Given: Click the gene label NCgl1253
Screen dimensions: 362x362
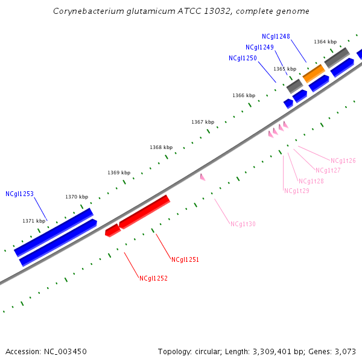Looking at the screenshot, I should [19, 194].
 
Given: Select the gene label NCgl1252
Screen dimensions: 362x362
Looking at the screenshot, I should [153, 279].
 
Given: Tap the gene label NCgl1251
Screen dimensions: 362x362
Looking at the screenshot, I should [185, 260].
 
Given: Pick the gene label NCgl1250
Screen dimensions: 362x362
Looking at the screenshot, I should [243, 59].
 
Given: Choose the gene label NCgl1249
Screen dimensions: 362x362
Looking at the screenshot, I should [259, 48].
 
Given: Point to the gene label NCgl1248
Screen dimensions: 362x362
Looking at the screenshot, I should [276, 37].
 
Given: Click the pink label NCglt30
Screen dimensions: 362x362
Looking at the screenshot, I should [243, 224].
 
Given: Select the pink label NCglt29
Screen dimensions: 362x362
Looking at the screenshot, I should [297, 191].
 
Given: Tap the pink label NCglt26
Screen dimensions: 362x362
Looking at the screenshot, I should [343, 161].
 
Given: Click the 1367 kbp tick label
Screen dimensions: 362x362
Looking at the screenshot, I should [203, 122].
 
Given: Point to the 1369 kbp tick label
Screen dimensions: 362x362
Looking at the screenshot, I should [119, 173].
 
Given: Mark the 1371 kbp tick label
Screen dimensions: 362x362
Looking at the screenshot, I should [34, 221].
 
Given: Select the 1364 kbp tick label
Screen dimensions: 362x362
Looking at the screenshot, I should [325, 42].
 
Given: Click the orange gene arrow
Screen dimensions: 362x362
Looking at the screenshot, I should [314, 74].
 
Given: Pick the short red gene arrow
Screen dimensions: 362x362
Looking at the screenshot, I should [112, 230].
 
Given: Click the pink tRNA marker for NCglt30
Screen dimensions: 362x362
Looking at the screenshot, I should [203, 177].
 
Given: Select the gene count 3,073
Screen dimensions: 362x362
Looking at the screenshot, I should [346, 351].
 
